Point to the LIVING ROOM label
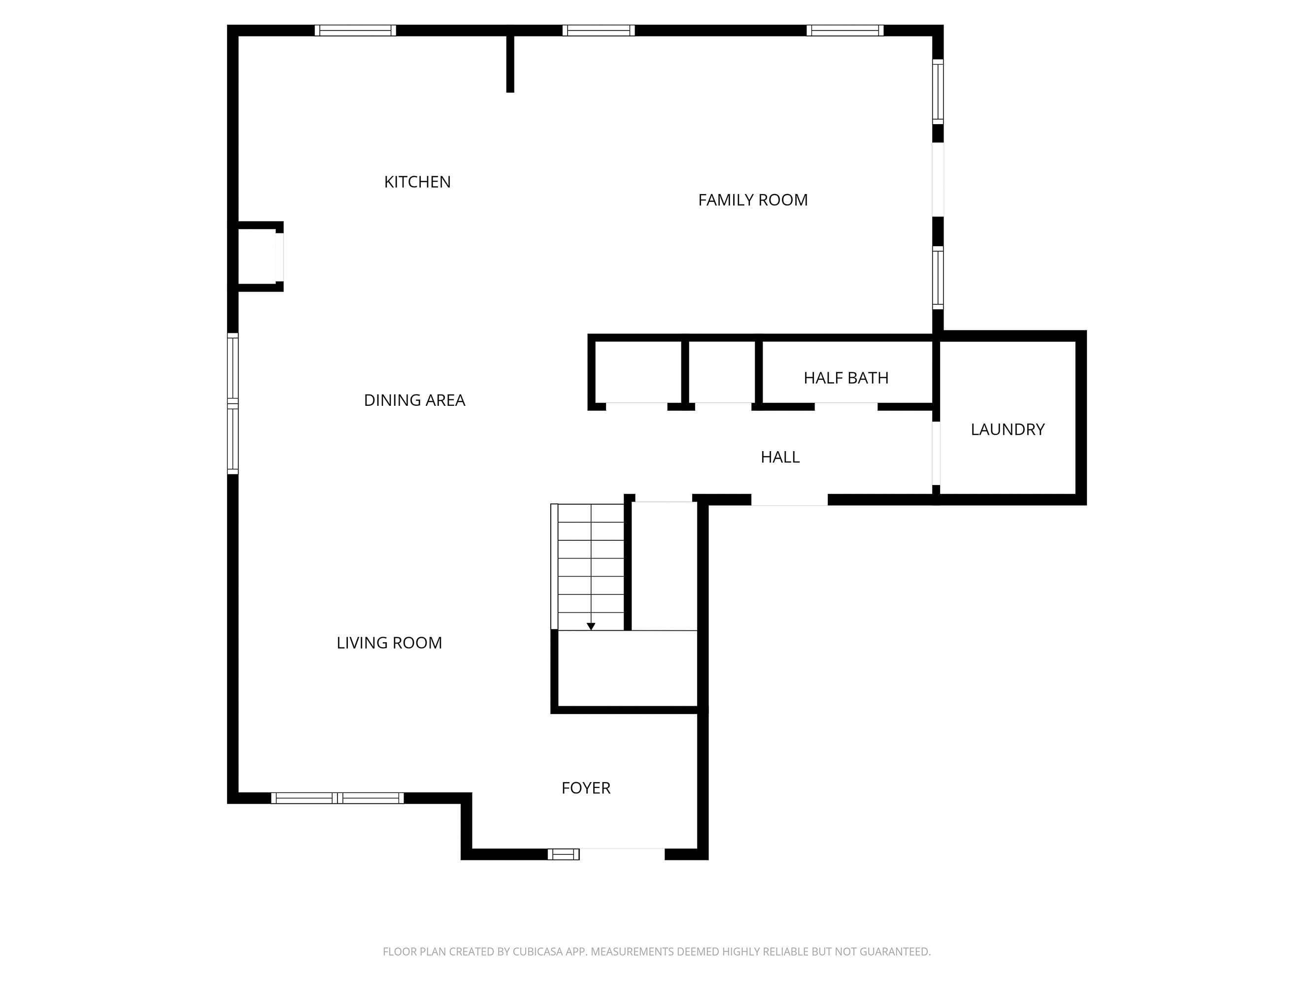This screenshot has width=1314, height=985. click(x=389, y=643)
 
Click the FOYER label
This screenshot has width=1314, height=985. click(x=586, y=788)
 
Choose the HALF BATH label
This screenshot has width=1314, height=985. click(x=845, y=378)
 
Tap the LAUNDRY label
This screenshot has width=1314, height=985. click(x=1007, y=429)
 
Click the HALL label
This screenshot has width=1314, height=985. click(x=779, y=457)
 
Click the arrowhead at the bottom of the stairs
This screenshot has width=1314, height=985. click(x=590, y=626)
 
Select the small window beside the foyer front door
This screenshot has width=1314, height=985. click(x=563, y=854)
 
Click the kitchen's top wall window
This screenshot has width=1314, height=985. click(x=355, y=30)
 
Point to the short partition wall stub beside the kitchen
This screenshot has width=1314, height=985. click(x=509, y=63)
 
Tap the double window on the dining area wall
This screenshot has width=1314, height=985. click(x=233, y=404)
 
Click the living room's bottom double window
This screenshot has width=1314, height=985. click(x=337, y=798)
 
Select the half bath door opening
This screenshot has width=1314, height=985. click(x=845, y=407)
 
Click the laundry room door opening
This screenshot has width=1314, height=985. click(x=936, y=453)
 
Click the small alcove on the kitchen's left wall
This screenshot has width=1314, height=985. click(x=257, y=257)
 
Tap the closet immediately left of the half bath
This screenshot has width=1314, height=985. click(x=721, y=372)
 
